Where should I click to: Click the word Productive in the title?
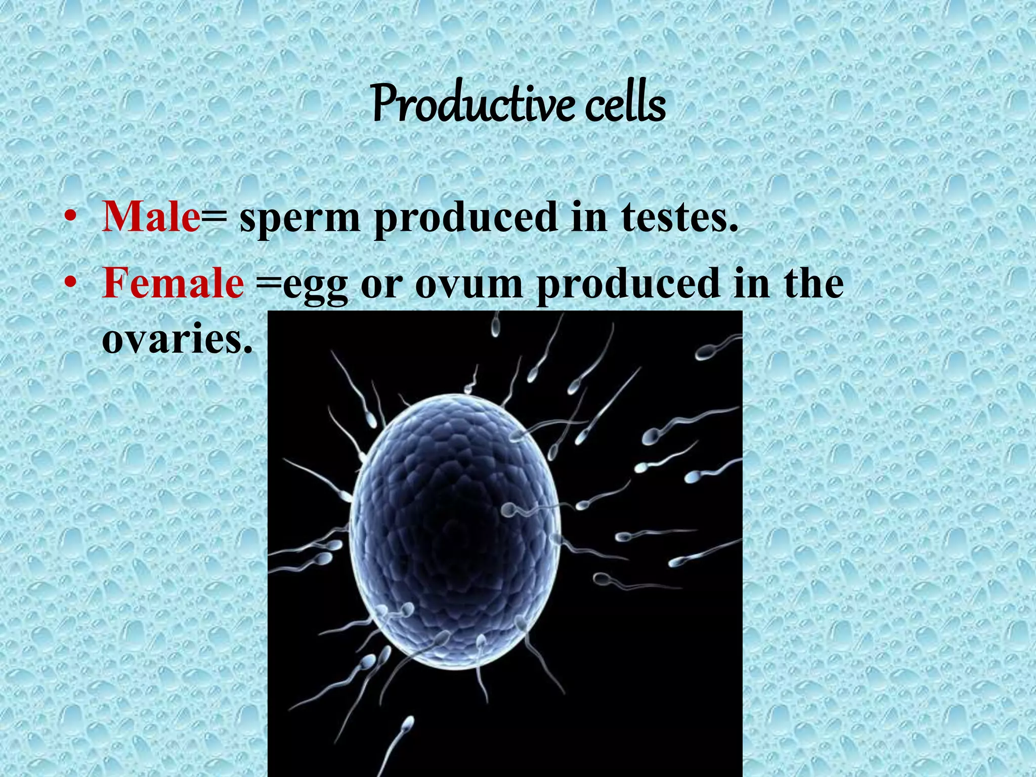coord(472,104)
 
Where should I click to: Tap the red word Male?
coord(151,217)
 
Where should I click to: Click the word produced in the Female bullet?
coord(628,284)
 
